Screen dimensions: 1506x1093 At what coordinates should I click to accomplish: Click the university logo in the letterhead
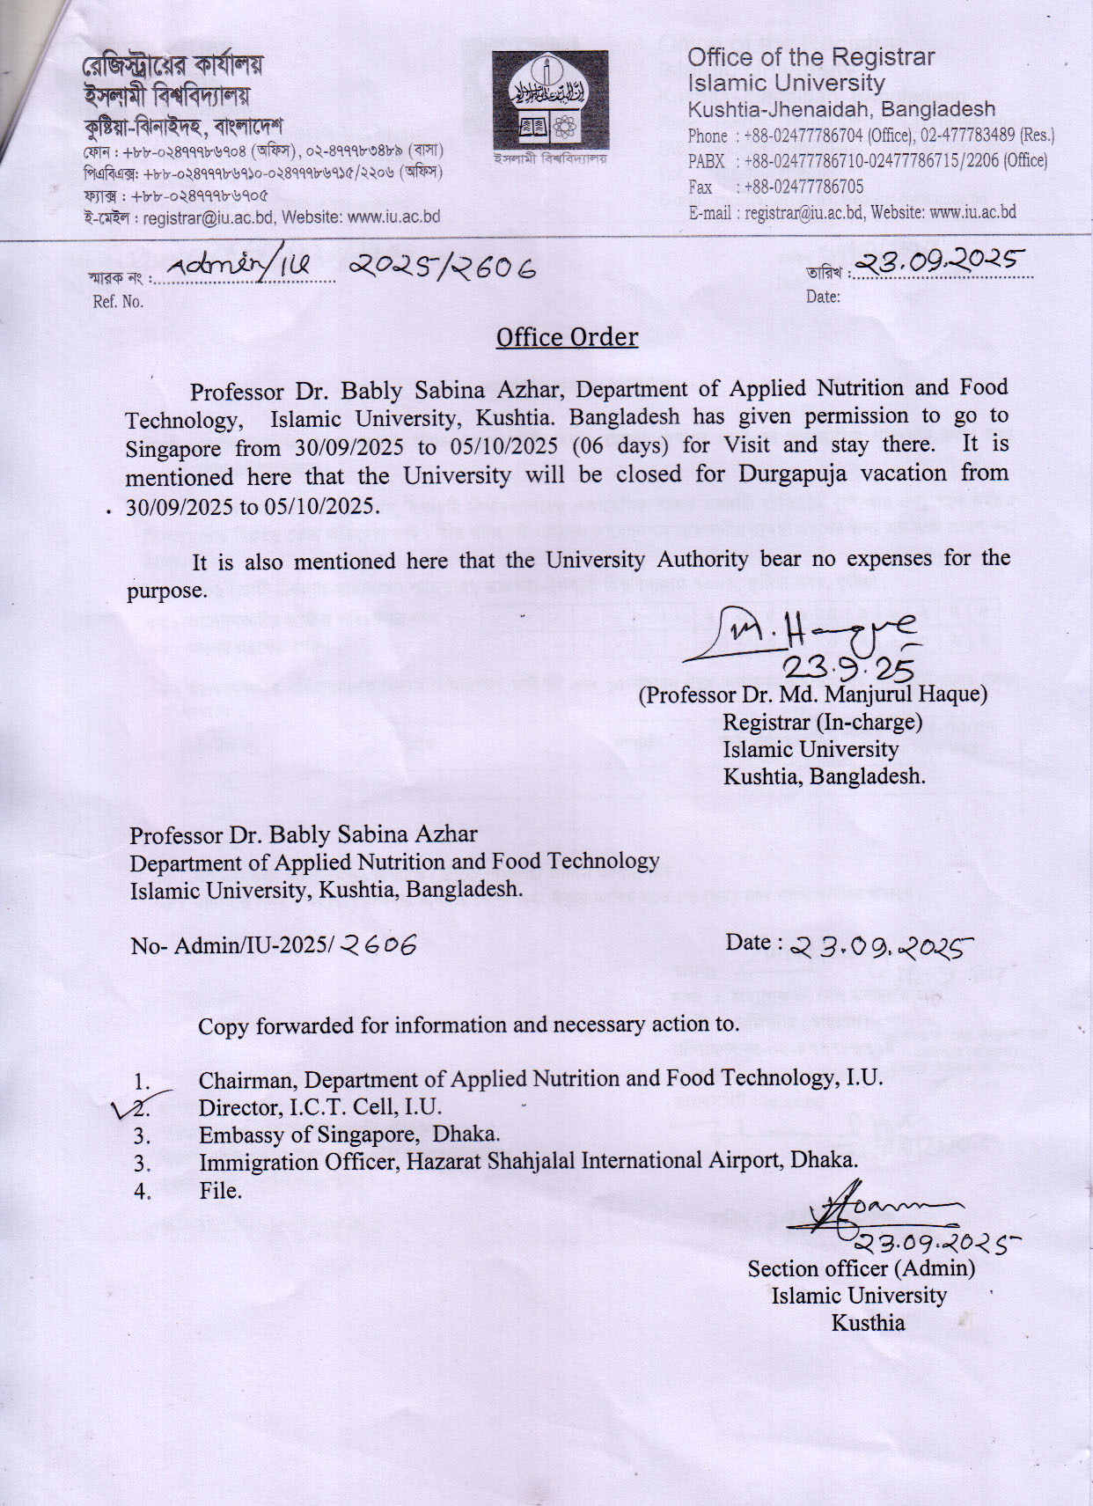[550, 100]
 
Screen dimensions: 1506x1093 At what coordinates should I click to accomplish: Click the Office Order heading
[567, 337]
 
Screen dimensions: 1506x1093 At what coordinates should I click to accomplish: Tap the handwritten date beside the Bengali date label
[941, 260]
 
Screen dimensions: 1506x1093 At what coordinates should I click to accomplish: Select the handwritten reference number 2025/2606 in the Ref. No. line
[442, 265]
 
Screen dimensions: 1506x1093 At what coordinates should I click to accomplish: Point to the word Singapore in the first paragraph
[172, 449]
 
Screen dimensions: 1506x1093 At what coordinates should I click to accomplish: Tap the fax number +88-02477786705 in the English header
[803, 187]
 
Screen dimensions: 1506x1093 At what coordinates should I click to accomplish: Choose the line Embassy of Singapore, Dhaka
[349, 1135]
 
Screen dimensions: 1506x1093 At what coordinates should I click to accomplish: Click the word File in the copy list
[220, 1191]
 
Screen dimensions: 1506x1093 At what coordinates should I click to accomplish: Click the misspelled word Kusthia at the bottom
[868, 1323]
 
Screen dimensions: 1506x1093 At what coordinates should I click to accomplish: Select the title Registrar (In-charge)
[822, 723]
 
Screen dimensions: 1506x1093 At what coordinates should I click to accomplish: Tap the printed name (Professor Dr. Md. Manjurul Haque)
[812, 694]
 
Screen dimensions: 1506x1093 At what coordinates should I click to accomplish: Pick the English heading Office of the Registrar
[811, 58]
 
